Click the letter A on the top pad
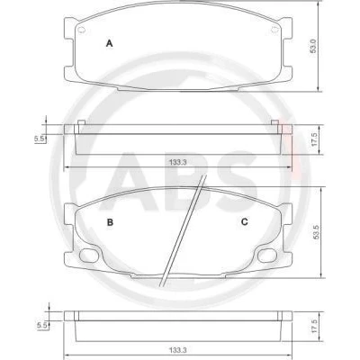(x=110, y=43)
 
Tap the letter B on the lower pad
(x=110, y=222)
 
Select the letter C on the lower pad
(x=245, y=221)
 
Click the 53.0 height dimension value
(x=313, y=46)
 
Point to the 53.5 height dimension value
(x=316, y=231)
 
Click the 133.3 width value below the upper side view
(x=178, y=162)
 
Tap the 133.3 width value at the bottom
(x=178, y=350)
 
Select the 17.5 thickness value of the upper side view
(x=314, y=140)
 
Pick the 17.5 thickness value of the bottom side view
(x=314, y=326)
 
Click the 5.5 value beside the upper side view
(x=39, y=139)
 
